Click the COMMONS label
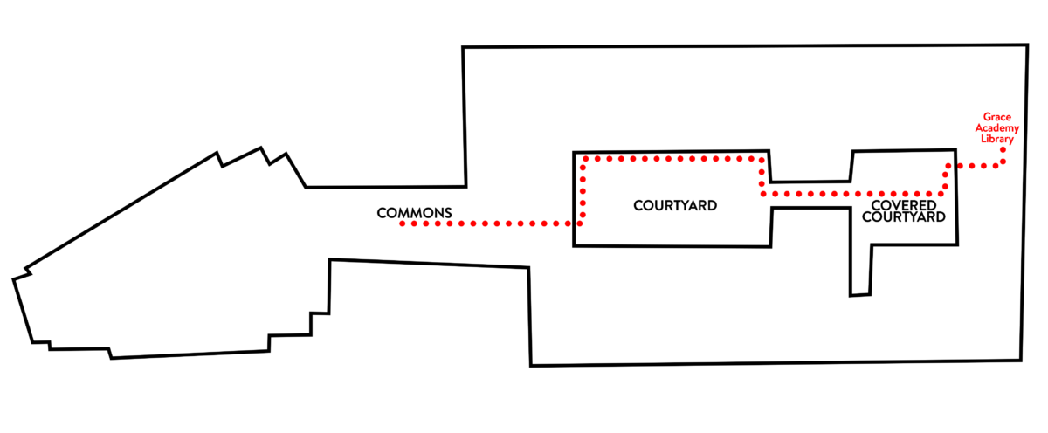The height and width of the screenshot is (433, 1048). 414,213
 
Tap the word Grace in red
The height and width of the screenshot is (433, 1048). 997,117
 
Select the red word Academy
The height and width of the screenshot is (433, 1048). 997,128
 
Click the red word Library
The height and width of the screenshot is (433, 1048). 997,139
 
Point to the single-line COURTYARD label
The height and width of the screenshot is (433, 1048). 675,206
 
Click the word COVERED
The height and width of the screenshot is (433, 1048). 904,205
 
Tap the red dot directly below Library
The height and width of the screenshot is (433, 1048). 1003,150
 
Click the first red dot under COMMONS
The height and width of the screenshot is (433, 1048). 403,224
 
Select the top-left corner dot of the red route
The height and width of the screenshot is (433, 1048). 585,159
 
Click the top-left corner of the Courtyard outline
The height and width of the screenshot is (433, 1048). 574,153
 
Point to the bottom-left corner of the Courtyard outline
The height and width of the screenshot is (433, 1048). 574,245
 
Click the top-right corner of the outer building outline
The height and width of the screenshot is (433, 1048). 1027,45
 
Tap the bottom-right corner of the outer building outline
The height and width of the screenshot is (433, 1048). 1021,360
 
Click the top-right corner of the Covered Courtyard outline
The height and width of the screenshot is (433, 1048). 955,150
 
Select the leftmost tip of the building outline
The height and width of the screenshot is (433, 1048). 14,279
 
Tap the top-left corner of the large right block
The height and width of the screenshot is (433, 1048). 463,47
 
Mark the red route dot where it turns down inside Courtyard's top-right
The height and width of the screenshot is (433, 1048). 762,160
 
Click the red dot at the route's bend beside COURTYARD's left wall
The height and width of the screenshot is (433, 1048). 580,223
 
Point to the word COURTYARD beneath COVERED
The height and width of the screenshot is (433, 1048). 904,217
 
